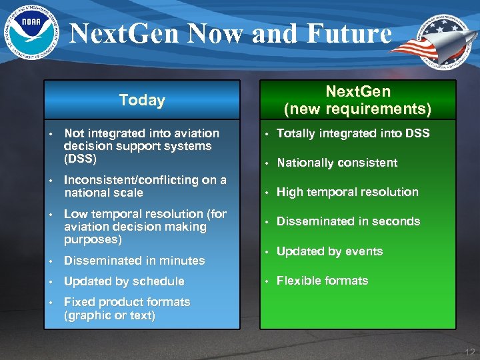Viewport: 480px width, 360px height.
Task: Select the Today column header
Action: [x=141, y=100]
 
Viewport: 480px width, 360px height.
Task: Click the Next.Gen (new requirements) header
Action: [x=357, y=100]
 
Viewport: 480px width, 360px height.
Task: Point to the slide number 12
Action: [x=469, y=352]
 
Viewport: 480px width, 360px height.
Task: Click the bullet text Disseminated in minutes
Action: [x=133, y=261]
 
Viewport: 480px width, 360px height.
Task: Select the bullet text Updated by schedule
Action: [x=123, y=281]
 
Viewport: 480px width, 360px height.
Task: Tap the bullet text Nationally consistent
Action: [x=337, y=163]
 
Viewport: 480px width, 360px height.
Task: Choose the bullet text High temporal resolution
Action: [x=347, y=192]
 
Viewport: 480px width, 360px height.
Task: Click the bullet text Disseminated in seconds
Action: [x=348, y=221]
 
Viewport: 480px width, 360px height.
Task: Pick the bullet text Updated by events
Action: [x=329, y=251]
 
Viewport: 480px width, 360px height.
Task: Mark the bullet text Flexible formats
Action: [x=322, y=281]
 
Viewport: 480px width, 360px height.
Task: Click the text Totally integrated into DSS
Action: [x=353, y=133]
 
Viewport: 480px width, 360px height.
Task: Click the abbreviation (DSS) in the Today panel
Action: [x=80, y=159]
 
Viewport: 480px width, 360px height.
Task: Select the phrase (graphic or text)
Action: [x=109, y=315]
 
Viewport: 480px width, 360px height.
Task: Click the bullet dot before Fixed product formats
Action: [x=50, y=302]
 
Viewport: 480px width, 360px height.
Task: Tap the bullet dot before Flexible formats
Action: [x=265, y=281]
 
